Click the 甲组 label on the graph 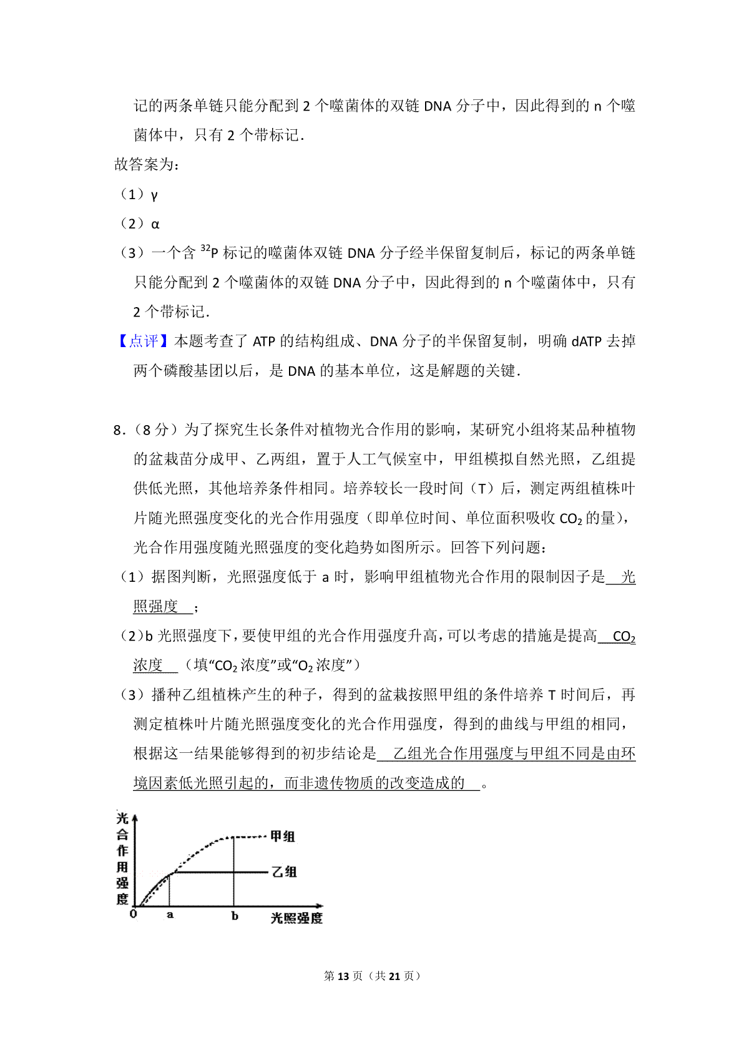tap(282, 837)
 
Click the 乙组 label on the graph tap(284, 872)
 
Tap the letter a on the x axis tap(170, 916)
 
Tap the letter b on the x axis tap(235, 916)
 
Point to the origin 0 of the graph tap(133, 914)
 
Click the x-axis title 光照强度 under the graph tap(296, 918)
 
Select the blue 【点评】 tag tap(144, 341)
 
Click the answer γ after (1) tap(154, 195)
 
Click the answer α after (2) tap(155, 224)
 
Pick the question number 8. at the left tap(119, 430)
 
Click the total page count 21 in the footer tap(394, 976)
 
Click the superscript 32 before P tap(205, 248)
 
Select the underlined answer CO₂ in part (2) tap(624, 637)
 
